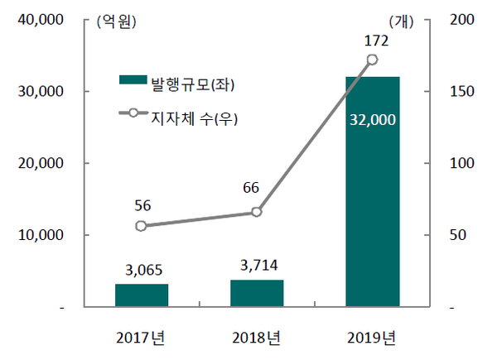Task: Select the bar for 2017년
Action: click(x=142, y=295)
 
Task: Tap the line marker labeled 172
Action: click(x=373, y=60)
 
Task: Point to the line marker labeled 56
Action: click(x=142, y=226)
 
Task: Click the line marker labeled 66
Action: click(x=257, y=212)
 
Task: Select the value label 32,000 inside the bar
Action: click(x=373, y=120)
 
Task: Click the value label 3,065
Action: click(x=142, y=269)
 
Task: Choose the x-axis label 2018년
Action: click(x=257, y=338)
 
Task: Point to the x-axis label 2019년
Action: click(x=373, y=338)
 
